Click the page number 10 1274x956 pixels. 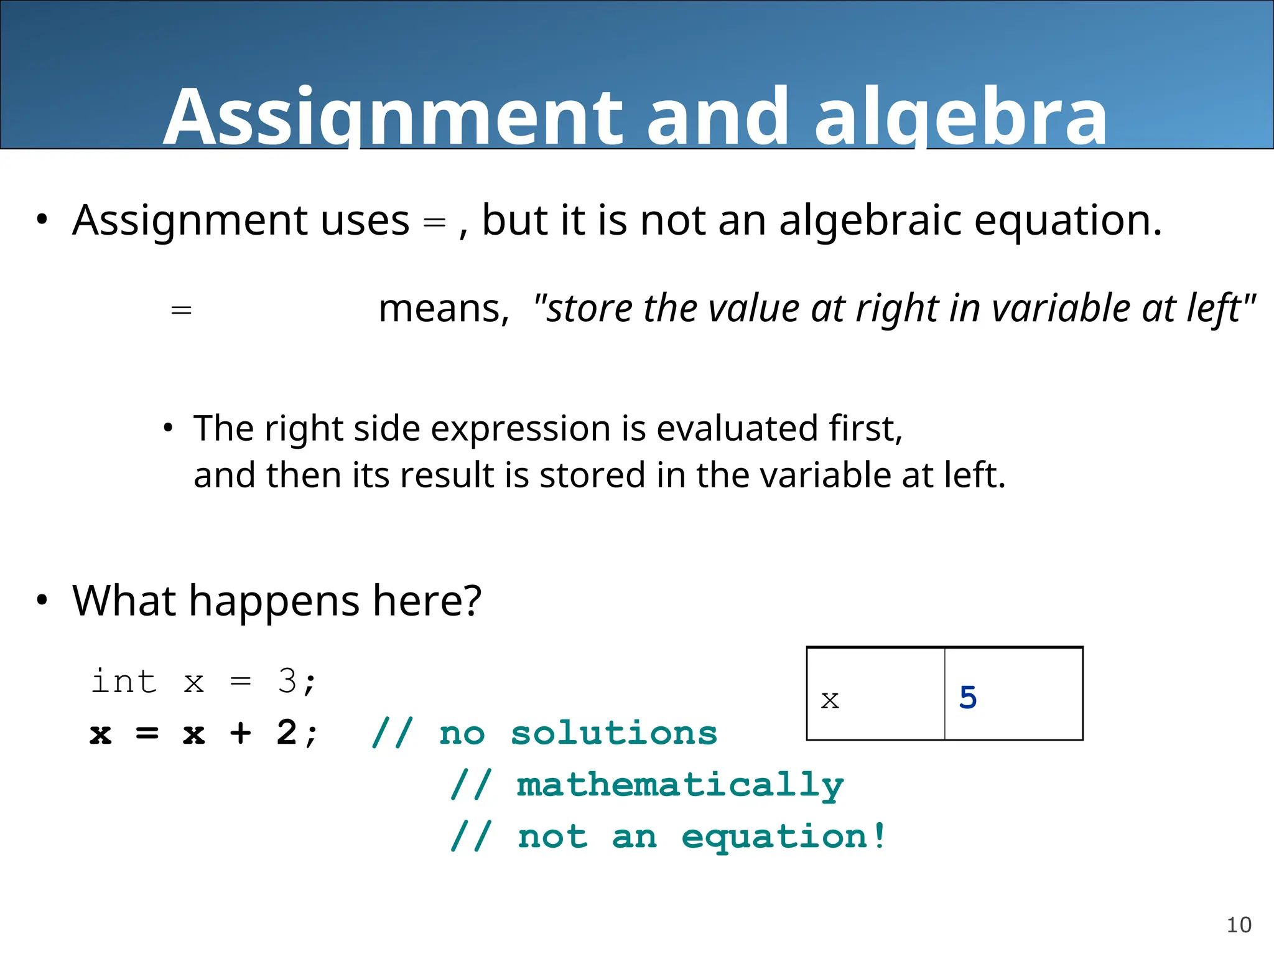[x=1239, y=925]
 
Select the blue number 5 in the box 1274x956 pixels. [x=968, y=697]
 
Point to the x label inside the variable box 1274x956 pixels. [x=830, y=700]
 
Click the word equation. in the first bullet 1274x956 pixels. [x=1067, y=222]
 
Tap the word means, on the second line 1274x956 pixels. [x=444, y=309]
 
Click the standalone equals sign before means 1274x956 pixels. [x=181, y=309]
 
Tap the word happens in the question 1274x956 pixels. [x=274, y=601]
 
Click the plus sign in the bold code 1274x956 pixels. [x=241, y=733]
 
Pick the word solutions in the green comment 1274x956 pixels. [x=613, y=733]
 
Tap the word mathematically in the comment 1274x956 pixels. [x=680, y=785]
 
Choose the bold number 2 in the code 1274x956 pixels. [x=287, y=732]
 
